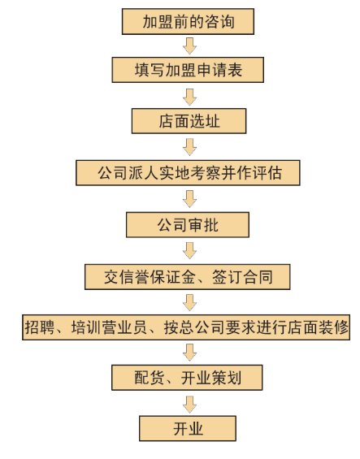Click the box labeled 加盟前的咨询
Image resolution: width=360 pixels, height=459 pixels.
click(188, 21)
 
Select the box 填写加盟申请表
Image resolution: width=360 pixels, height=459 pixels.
click(188, 70)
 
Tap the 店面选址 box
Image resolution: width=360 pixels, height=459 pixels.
click(189, 121)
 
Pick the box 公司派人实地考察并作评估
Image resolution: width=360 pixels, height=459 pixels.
click(188, 173)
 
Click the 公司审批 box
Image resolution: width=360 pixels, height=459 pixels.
click(188, 225)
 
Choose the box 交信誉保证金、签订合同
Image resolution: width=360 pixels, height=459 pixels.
click(188, 277)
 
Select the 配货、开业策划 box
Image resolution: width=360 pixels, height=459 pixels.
click(187, 378)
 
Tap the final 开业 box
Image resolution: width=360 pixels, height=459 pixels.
click(188, 428)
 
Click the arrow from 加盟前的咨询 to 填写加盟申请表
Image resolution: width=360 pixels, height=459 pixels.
click(190, 46)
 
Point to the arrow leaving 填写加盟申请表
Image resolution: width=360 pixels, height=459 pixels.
click(190, 97)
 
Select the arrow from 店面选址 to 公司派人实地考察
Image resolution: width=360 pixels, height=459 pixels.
click(190, 147)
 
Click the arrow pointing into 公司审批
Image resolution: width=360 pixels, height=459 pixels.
click(190, 199)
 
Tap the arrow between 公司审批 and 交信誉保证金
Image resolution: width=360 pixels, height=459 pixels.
click(190, 250)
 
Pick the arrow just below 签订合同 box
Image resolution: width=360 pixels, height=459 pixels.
click(190, 302)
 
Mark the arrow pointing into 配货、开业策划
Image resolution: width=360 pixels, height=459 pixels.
click(190, 353)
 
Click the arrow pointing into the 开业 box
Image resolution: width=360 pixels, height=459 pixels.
click(190, 405)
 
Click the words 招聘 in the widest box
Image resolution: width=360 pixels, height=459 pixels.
click(40, 327)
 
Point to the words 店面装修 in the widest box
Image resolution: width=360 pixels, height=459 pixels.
click(318, 327)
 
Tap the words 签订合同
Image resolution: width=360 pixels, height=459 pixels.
click(242, 277)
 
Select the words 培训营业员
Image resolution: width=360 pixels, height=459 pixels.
click(109, 327)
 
